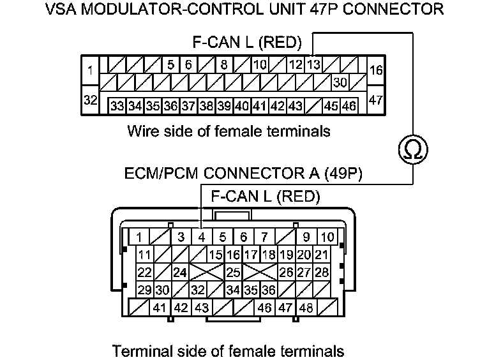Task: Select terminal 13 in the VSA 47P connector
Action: point(313,64)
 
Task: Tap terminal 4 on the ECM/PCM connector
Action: point(202,237)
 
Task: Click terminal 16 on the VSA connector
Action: point(376,70)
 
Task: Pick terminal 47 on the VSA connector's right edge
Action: point(376,100)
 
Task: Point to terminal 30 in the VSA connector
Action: point(340,82)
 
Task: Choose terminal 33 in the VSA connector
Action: point(116,105)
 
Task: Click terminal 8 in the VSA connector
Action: point(224,64)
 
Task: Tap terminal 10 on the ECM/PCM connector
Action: point(327,237)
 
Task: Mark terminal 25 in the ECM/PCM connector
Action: point(234,273)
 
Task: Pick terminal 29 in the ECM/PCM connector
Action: point(145,290)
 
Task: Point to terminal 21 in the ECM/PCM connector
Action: point(322,255)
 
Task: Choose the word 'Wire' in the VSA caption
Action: point(142,131)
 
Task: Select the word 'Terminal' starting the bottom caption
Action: point(138,350)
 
